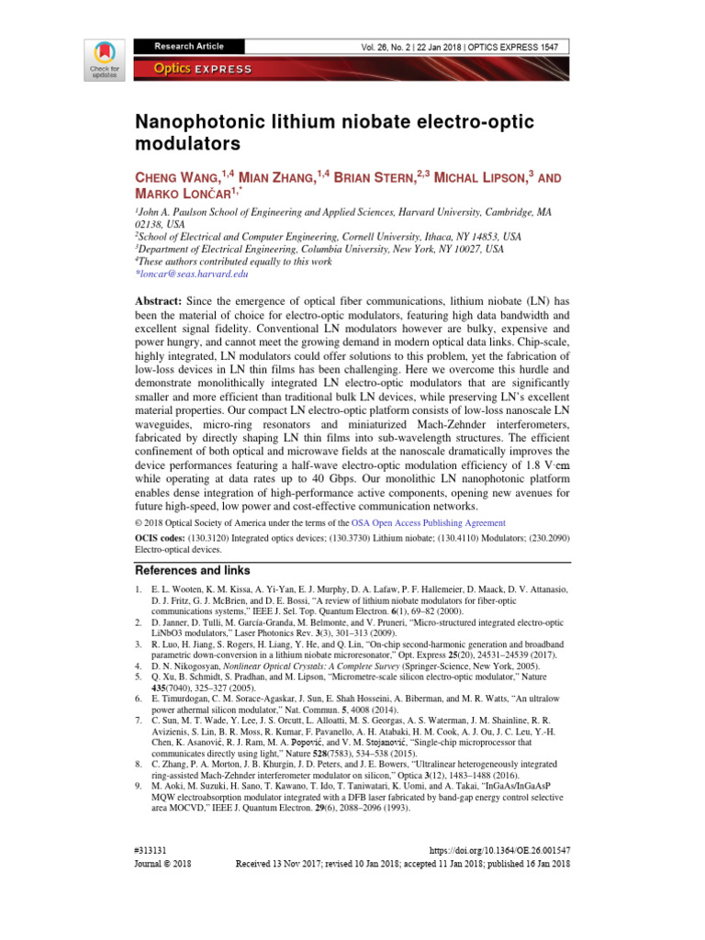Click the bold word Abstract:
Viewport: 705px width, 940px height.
coord(159,301)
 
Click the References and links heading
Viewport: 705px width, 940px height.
coord(193,570)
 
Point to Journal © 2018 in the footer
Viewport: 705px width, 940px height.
coord(163,865)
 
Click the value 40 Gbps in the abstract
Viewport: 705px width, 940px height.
coord(335,477)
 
